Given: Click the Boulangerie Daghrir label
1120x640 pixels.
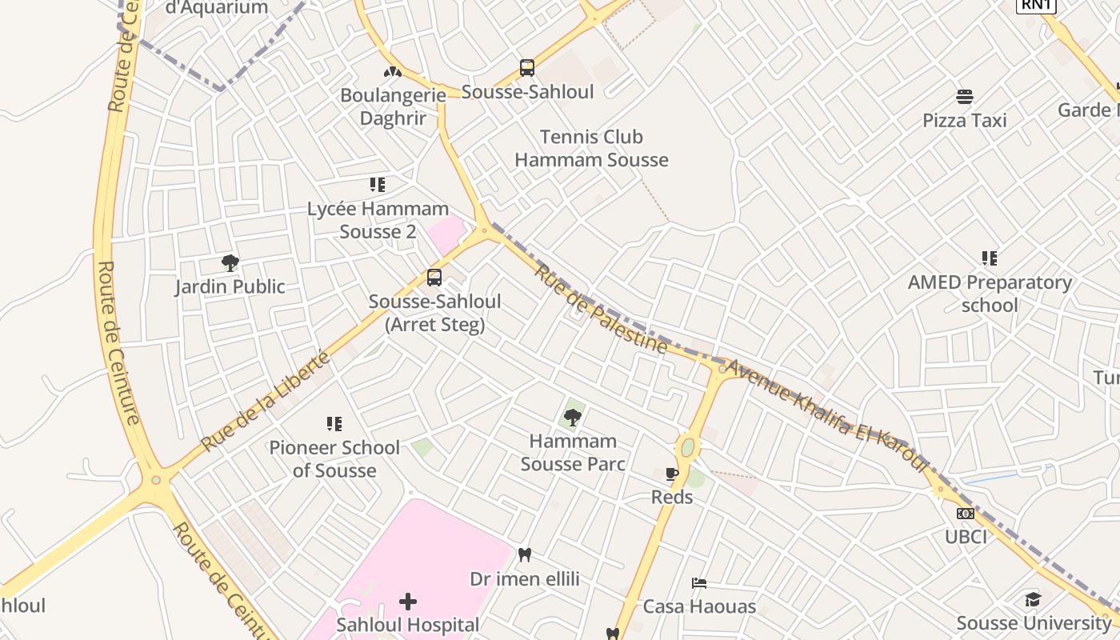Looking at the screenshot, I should (393, 107).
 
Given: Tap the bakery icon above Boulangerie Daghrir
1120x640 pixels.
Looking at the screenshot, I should (392, 71).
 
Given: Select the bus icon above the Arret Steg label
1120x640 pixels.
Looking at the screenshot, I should (434, 278).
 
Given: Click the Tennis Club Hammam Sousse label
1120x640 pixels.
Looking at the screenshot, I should (591, 148).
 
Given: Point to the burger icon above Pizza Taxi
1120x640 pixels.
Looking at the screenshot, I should (965, 97).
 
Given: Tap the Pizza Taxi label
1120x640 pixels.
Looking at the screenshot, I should (965, 121).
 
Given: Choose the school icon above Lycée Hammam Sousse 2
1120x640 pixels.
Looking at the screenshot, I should (378, 185).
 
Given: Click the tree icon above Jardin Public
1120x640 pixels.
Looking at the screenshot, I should (230, 262).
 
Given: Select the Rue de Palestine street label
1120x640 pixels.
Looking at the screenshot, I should (601, 310).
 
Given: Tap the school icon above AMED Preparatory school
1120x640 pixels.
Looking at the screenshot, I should (990, 258).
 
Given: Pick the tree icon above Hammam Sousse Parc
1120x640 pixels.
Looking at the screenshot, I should (572, 416).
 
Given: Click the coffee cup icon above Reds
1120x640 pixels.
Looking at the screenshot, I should (672, 474).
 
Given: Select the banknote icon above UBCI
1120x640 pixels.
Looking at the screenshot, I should (966, 514).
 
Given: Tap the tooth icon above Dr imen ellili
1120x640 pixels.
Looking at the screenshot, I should (525, 554).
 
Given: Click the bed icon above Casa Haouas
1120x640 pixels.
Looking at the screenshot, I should (699, 583).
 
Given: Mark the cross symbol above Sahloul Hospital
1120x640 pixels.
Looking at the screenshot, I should (408, 601).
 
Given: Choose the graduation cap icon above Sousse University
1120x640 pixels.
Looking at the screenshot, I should (1034, 600).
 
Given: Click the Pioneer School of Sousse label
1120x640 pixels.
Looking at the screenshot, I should (334, 459).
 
